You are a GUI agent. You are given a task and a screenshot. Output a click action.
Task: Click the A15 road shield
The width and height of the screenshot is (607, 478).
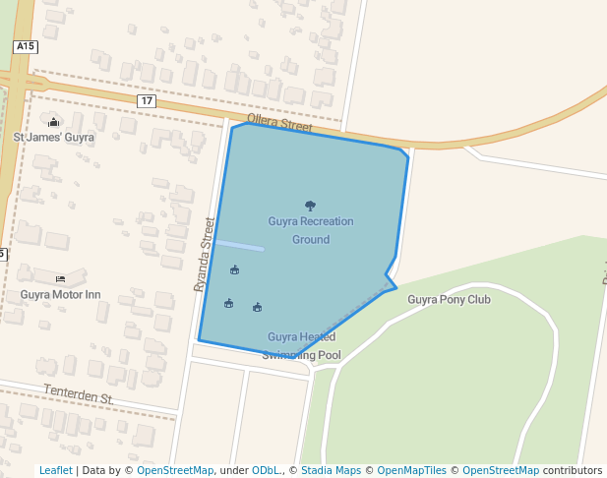click(26, 46)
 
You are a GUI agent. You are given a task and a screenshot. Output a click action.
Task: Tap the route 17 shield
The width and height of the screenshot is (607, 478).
click(147, 101)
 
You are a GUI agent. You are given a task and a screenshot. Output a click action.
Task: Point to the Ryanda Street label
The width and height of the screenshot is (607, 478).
click(205, 254)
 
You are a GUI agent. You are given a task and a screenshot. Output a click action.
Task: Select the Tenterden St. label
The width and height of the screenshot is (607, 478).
click(79, 394)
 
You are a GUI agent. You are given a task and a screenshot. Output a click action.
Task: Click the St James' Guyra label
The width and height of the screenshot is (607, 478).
click(53, 138)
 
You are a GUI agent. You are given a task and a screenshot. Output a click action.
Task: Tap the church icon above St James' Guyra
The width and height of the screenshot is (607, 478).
click(53, 121)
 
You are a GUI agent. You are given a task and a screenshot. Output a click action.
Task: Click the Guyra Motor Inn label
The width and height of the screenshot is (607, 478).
click(60, 294)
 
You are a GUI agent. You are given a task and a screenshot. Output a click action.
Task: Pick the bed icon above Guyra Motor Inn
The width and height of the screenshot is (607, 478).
click(60, 278)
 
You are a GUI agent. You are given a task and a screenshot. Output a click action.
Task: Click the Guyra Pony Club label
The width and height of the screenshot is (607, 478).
click(449, 300)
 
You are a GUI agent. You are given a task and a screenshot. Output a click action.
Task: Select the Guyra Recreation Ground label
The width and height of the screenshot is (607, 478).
click(311, 230)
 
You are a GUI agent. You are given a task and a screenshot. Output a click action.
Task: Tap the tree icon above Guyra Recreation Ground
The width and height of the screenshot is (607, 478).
click(311, 206)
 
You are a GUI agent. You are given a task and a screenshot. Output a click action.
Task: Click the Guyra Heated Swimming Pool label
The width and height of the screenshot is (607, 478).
click(302, 346)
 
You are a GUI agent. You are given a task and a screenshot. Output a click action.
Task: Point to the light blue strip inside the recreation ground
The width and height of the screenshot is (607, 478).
click(240, 245)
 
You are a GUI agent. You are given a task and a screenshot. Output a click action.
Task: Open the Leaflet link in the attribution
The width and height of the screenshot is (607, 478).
click(55, 470)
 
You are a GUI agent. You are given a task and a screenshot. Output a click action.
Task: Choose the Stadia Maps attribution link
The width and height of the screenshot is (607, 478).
click(330, 470)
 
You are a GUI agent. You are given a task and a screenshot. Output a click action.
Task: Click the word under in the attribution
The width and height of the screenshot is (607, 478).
click(233, 470)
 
